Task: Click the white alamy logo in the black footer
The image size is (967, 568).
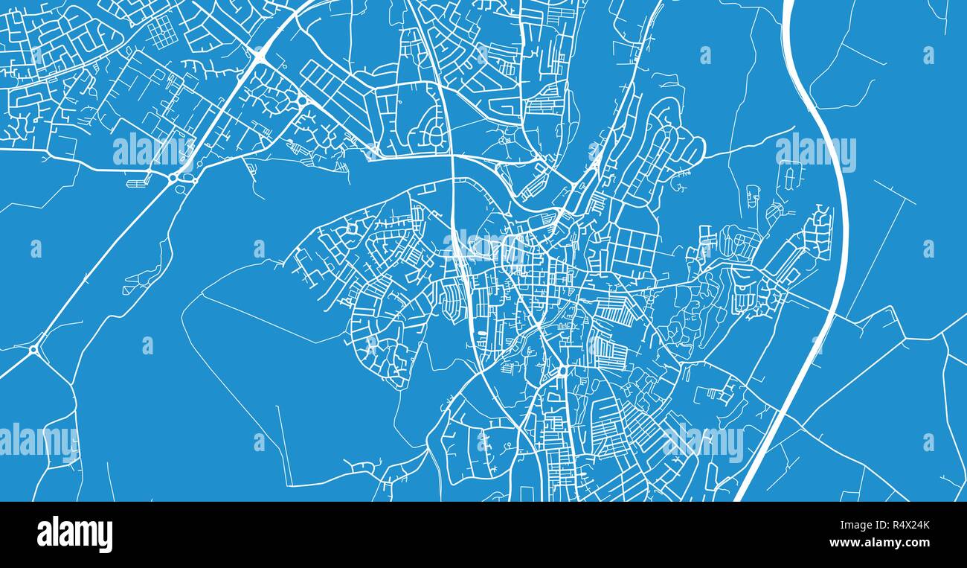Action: pos(74,535)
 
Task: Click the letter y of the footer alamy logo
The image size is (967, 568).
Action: pos(105,537)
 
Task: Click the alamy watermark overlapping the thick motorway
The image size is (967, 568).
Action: pos(815,153)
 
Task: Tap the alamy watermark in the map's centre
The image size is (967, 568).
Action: pos(483,243)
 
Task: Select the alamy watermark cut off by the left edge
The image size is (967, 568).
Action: pos(37,441)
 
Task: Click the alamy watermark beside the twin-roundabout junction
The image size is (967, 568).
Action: pos(152,151)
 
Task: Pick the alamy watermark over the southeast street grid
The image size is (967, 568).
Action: pos(703,442)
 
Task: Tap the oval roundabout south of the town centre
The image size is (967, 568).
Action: pos(562,371)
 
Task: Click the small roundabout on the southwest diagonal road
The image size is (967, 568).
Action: pos(34,349)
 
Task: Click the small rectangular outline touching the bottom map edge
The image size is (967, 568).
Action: pos(527,494)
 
